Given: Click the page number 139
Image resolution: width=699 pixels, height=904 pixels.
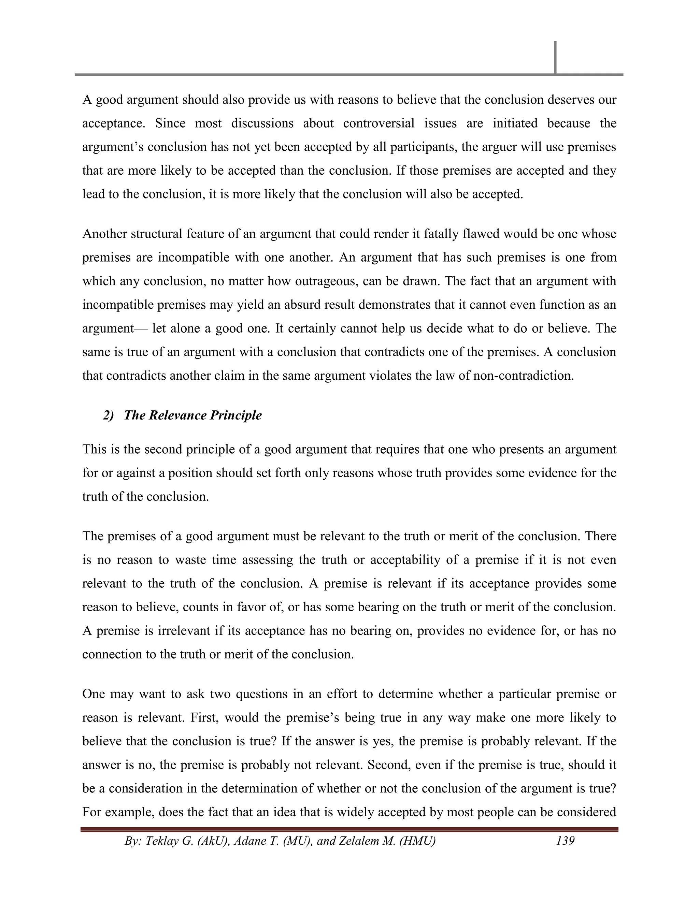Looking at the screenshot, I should pos(565,841).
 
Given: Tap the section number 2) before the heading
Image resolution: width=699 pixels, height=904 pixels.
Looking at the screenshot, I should pos(109,415).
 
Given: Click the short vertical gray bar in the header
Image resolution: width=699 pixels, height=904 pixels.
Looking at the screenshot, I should pos(555,58).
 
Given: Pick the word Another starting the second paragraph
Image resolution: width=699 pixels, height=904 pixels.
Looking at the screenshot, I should pos(105,234).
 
